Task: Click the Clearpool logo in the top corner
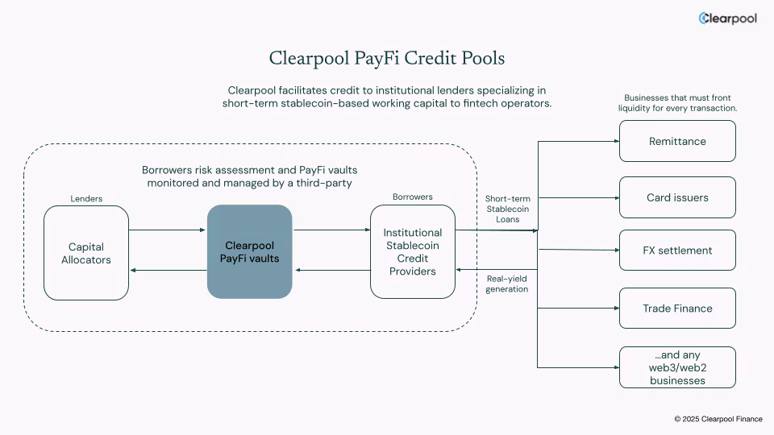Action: click(727, 19)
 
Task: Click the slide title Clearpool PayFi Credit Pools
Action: click(387, 59)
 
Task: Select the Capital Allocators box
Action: click(86, 253)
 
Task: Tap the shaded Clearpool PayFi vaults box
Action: click(249, 251)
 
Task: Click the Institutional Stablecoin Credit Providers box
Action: click(412, 252)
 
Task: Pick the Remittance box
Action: click(677, 141)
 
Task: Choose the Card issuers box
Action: click(677, 197)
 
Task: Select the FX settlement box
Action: click(677, 250)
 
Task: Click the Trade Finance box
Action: click(677, 308)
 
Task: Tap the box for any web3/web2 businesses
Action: click(677, 367)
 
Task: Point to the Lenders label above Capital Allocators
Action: click(86, 198)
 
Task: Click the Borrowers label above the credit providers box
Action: click(412, 197)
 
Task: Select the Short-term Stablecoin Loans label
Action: click(507, 209)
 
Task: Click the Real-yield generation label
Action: click(507, 284)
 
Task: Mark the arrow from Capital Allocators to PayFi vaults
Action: click(168, 230)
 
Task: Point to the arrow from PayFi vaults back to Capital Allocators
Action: click(168, 271)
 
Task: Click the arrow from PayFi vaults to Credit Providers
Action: click(331, 230)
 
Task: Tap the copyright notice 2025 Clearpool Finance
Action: click(718, 419)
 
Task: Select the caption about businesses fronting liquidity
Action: click(677, 102)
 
